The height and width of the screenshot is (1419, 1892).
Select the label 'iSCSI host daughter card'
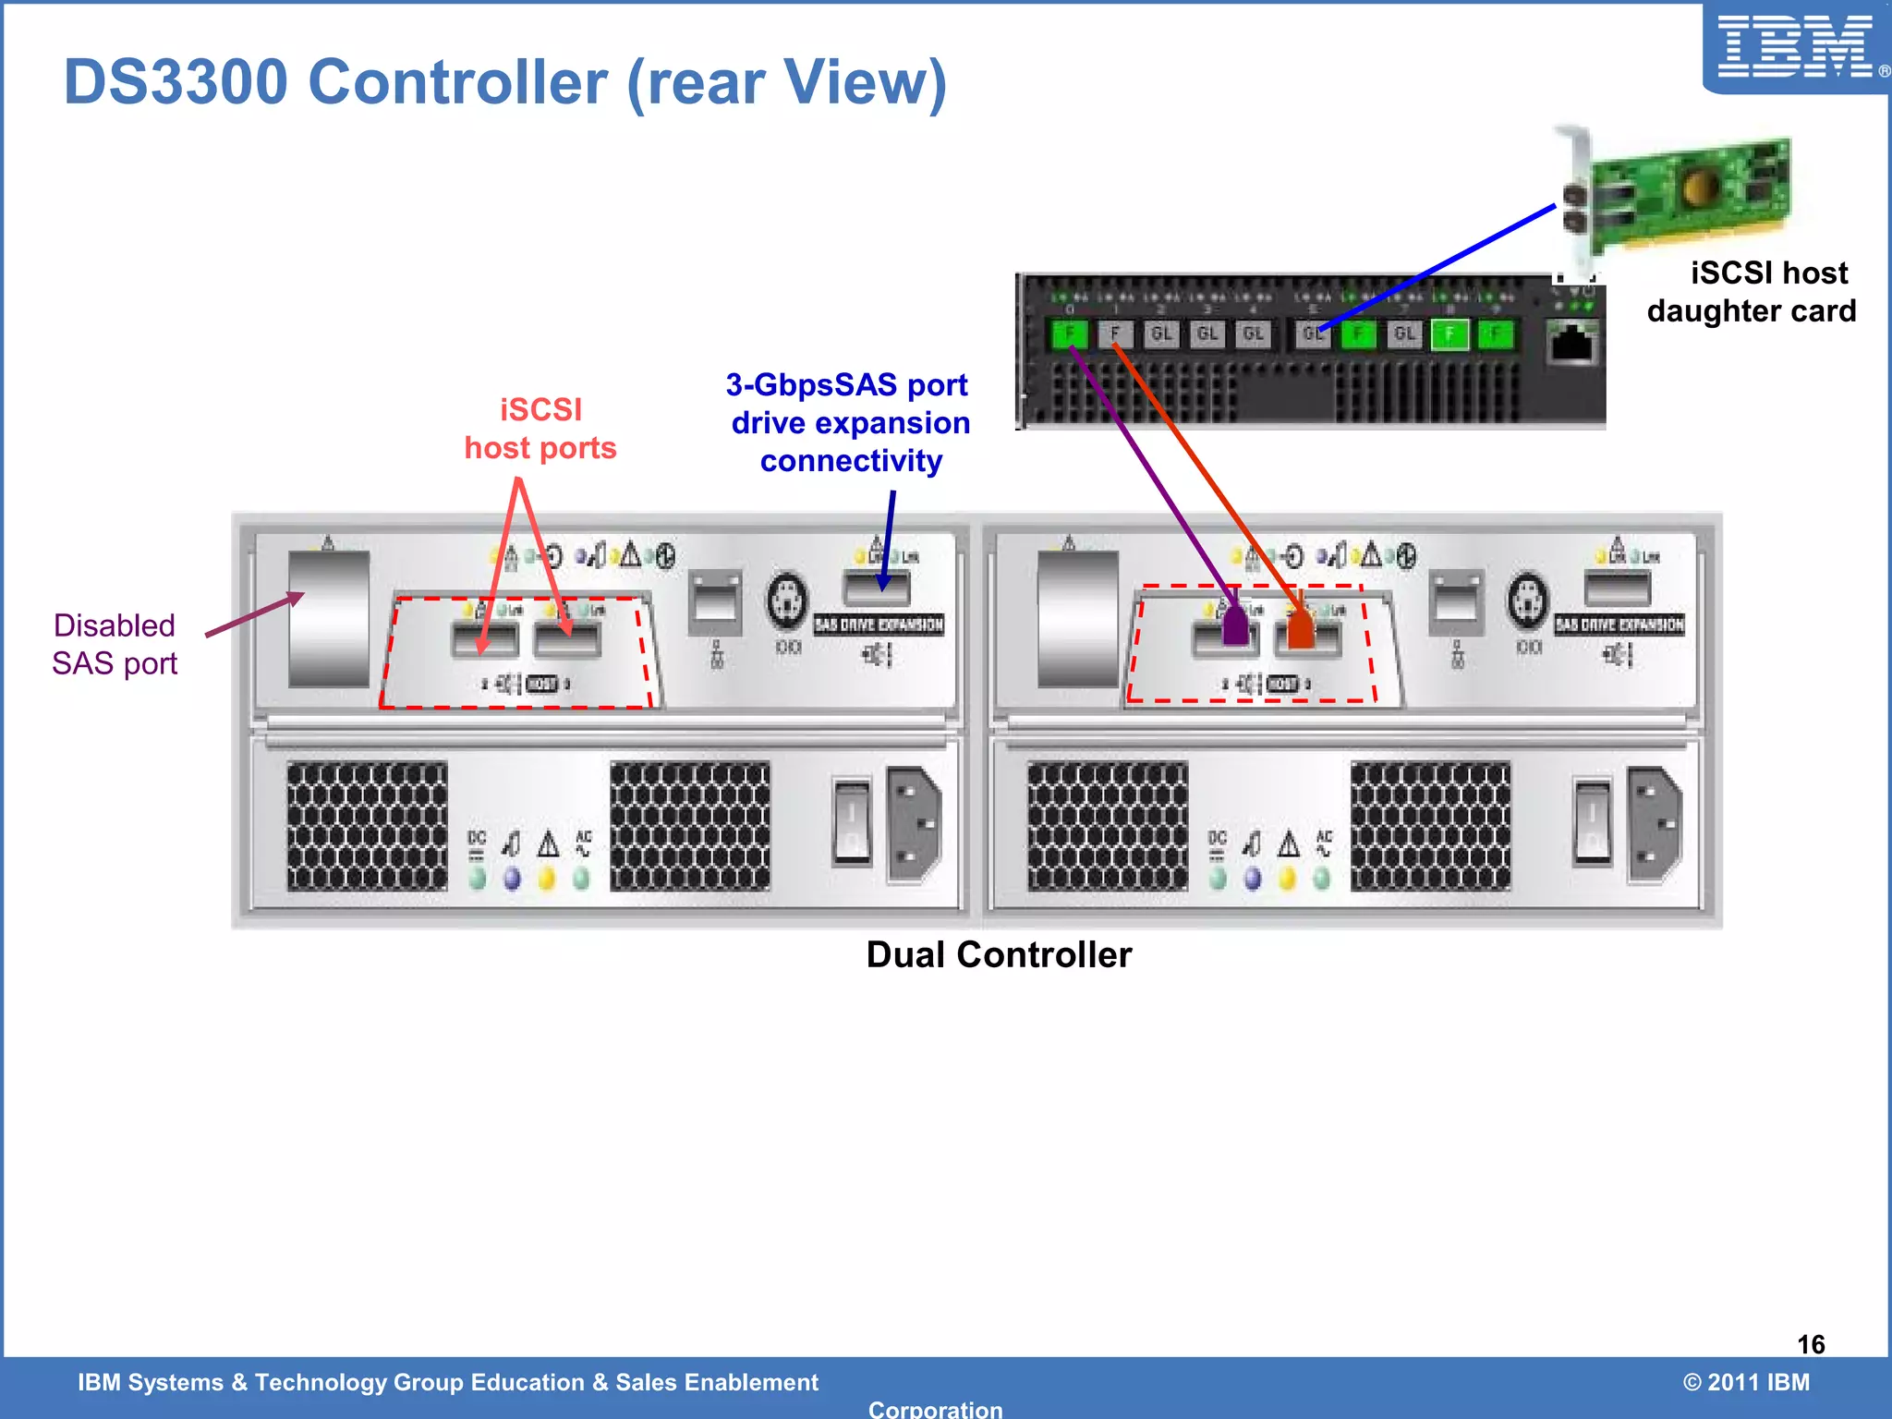pyautogui.click(x=1752, y=292)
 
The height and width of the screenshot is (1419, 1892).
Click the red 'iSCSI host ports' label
pyautogui.click(x=540, y=429)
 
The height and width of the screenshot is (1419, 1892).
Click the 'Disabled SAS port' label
pyautogui.click(x=115, y=644)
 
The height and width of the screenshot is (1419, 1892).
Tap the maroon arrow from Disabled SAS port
pyautogui.click(x=253, y=615)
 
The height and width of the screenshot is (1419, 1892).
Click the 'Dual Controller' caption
pyautogui.click(x=999, y=954)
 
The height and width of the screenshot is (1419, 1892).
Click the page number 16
pyautogui.click(x=1811, y=1344)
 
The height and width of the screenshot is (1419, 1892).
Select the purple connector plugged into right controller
pyautogui.click(x=1235, y=627)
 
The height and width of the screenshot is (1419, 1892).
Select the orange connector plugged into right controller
pyautogui.click(x=1300, y=630)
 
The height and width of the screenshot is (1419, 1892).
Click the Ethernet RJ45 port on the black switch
pyautogui.click(x=1572, y=343)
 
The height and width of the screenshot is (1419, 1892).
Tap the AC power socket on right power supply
pyautogui.click(x=1655, y=824)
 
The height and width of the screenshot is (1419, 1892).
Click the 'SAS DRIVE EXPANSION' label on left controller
pyautogui.click(x=879, y=625)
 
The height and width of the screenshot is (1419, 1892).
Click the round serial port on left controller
pyautogui.click(x=787, y=600)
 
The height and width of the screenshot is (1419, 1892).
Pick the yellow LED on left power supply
pyautogui.click(x=547, y=878)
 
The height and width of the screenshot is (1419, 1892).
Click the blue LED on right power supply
pyautogui.click(x=1253, y=878)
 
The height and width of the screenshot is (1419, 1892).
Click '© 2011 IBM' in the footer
pyautogui.click(x=1746, y=1382)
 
